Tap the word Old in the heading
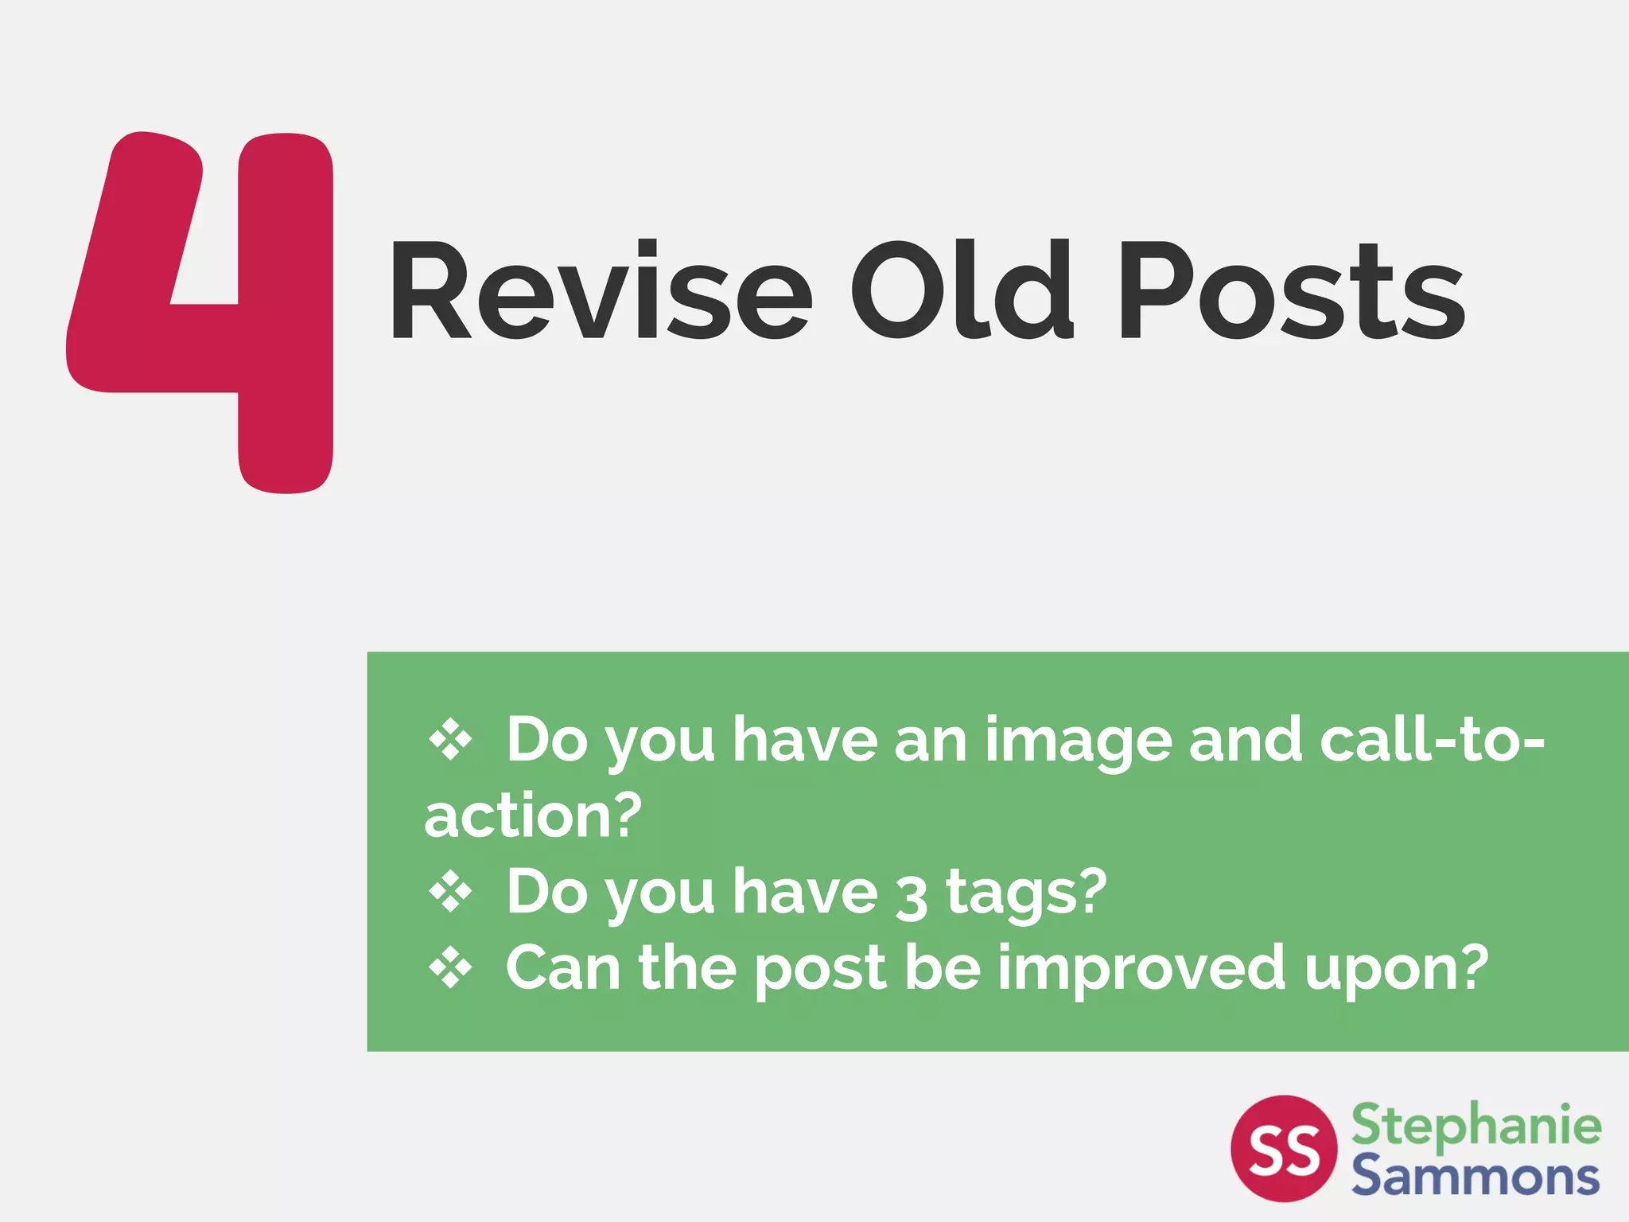[x=962, y=291]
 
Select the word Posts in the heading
[x=1292, y=291]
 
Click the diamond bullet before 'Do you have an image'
[x=450, y=740]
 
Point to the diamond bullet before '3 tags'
[x=450, y=893]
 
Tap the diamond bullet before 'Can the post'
[x=450, y=968]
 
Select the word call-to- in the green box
[x=1432, y=740]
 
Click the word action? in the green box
[x=533, y=816]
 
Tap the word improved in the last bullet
[x=1141, y=969]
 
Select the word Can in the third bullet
[x=563, y=968]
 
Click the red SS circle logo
[x=1284, y=1148]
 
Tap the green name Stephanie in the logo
[x=1476, y=1126]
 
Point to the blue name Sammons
[x=1475, y=1175]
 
